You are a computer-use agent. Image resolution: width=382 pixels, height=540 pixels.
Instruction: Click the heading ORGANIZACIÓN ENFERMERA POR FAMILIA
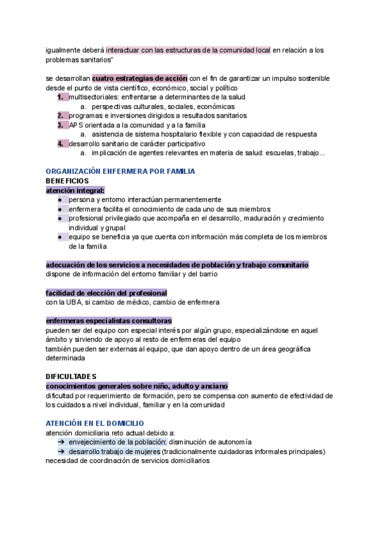coord(120,172)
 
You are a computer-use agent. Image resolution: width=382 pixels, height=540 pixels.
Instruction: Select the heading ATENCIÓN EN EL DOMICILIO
coord(95,423)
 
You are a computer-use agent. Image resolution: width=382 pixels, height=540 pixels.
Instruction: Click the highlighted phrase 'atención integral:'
coord(75,190)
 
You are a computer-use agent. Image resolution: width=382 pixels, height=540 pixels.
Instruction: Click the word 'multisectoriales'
coord(94,97)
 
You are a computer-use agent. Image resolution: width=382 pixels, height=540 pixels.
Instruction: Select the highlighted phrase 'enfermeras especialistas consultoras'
coord(109,321)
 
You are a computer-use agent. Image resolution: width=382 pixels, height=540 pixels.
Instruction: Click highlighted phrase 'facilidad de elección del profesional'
coord(106,293)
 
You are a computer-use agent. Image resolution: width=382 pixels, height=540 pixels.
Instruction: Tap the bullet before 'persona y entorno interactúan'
coord(59,200)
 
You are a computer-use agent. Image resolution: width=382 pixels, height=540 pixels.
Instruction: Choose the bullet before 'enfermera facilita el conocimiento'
coord(59,210)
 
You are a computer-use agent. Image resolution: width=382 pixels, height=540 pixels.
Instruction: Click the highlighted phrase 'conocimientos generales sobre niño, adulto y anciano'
coord(137,387)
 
